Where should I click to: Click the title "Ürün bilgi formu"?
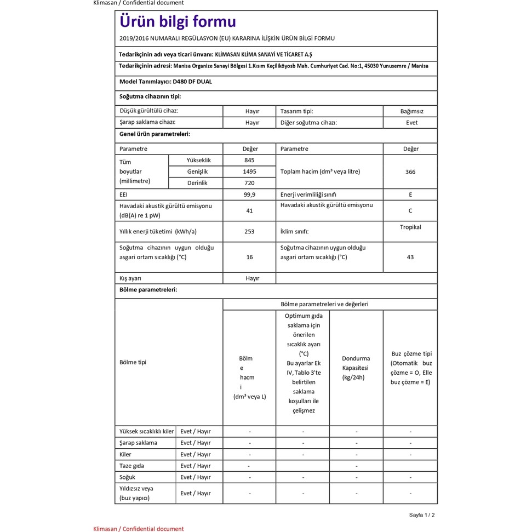(178, 22)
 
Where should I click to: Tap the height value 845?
(249, 160)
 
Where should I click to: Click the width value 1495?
(249, 171)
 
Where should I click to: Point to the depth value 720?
(249, 183)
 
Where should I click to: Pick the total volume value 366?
(410, 171)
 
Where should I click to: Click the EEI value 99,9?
(249, 195)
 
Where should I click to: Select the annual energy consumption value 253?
(249, 231)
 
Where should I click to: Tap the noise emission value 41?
(249, 210)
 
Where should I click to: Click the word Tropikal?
(410, 227)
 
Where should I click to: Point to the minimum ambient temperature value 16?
(250, 257)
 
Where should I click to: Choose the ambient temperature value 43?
(410, 257)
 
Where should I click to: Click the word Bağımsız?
(411, 111)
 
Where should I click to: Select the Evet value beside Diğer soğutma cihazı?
(411, 123)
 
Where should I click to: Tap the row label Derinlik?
(197, 183)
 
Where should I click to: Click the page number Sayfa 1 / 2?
(422, 515)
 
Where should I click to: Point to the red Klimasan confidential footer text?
(139, 529)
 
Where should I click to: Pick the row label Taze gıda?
(132, 466)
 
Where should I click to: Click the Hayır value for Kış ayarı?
(252, 278)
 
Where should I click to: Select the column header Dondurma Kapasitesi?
(356, 368)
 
